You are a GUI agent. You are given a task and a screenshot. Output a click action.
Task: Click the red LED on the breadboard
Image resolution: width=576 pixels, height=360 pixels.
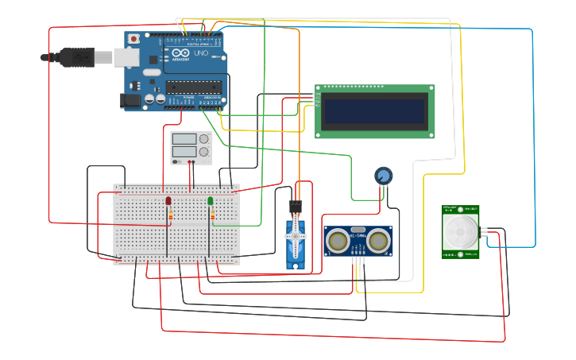pyautogui.click(x=168, y=201)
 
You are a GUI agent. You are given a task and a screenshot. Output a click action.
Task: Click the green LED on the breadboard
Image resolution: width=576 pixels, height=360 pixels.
pyautogui.click(x=211, y=201)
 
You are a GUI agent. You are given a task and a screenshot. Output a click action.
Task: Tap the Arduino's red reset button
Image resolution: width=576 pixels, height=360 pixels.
pyautogui.click(x=133, y=39)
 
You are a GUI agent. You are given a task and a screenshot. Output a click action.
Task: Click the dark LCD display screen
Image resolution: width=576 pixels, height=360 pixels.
pyautogui.click(x=374, y=111)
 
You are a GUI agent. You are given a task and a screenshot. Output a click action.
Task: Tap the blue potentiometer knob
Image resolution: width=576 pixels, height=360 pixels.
pyautogui.click(x=384, y=176)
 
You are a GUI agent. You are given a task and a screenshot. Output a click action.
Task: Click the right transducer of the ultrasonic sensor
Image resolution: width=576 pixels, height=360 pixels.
pyautogui.click(x=378, y=240)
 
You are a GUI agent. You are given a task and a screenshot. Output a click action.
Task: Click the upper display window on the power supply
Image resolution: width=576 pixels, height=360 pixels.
pyautogui.click(x=184, y=139)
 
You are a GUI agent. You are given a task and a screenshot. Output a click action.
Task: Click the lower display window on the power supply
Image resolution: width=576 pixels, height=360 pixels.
pyautogui.click(x=184, y=152)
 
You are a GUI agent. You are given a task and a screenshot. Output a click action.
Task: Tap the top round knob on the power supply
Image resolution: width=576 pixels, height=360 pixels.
pyautogui.click(x=204, y=139)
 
